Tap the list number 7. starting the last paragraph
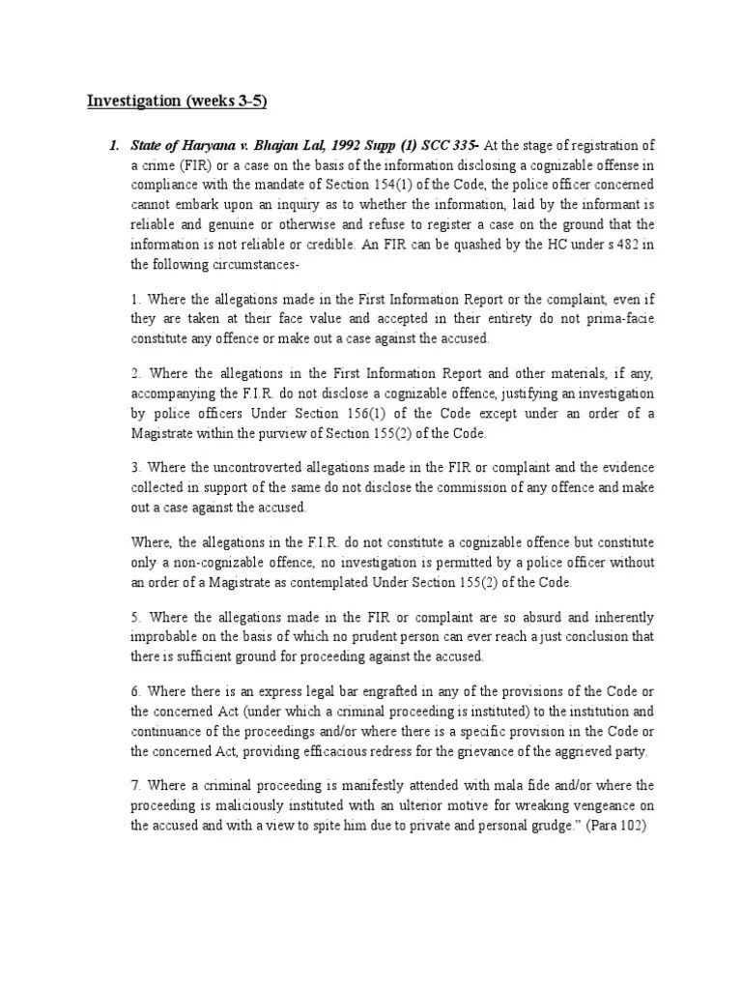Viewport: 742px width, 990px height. tap(136, 785)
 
